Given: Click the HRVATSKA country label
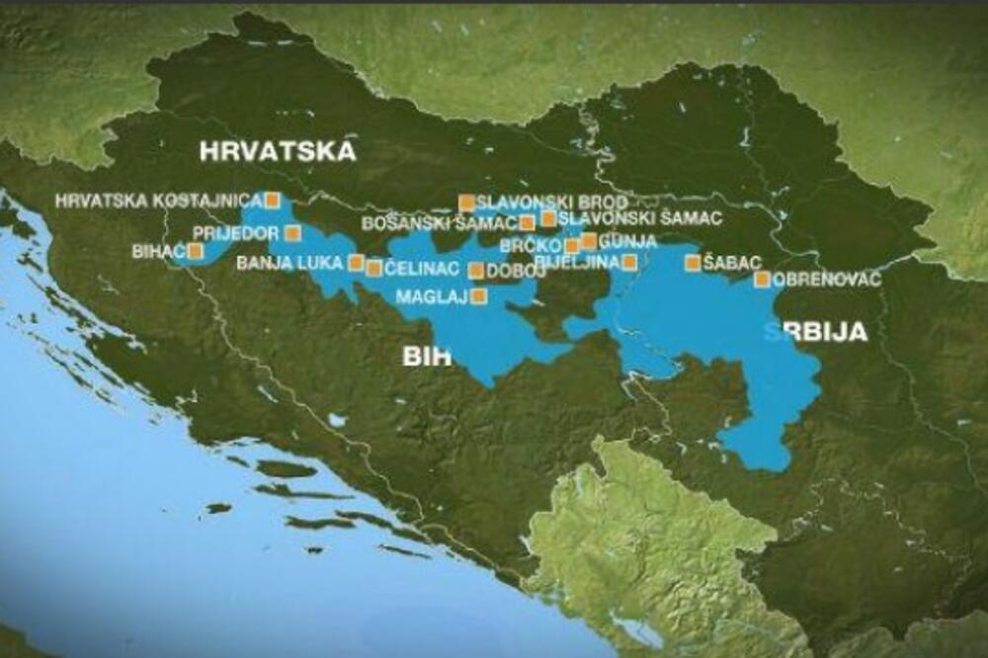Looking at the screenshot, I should tap(277, 151).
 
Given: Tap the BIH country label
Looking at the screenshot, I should tap(427, 356).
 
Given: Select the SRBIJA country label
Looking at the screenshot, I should tap(816, 331).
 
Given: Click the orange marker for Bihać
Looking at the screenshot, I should tap(196, 251).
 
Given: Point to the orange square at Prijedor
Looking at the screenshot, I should tap(292, 233).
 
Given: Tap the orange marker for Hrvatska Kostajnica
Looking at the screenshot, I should tap(273, 200).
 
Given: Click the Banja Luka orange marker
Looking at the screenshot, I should tap(357, 263).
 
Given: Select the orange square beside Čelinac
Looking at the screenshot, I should tap(373, 268).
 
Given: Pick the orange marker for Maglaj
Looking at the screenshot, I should tap(479, 295).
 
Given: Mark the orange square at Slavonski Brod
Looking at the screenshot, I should tap(466, 203).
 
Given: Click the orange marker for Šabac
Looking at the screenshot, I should tap(693, 263).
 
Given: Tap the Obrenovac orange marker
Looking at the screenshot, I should tap(762, 279).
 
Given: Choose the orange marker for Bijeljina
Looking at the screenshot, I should tap(629, 262).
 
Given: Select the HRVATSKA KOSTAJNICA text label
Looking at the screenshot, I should tap(158, 201).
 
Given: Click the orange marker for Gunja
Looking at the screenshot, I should tap(589, 240).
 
